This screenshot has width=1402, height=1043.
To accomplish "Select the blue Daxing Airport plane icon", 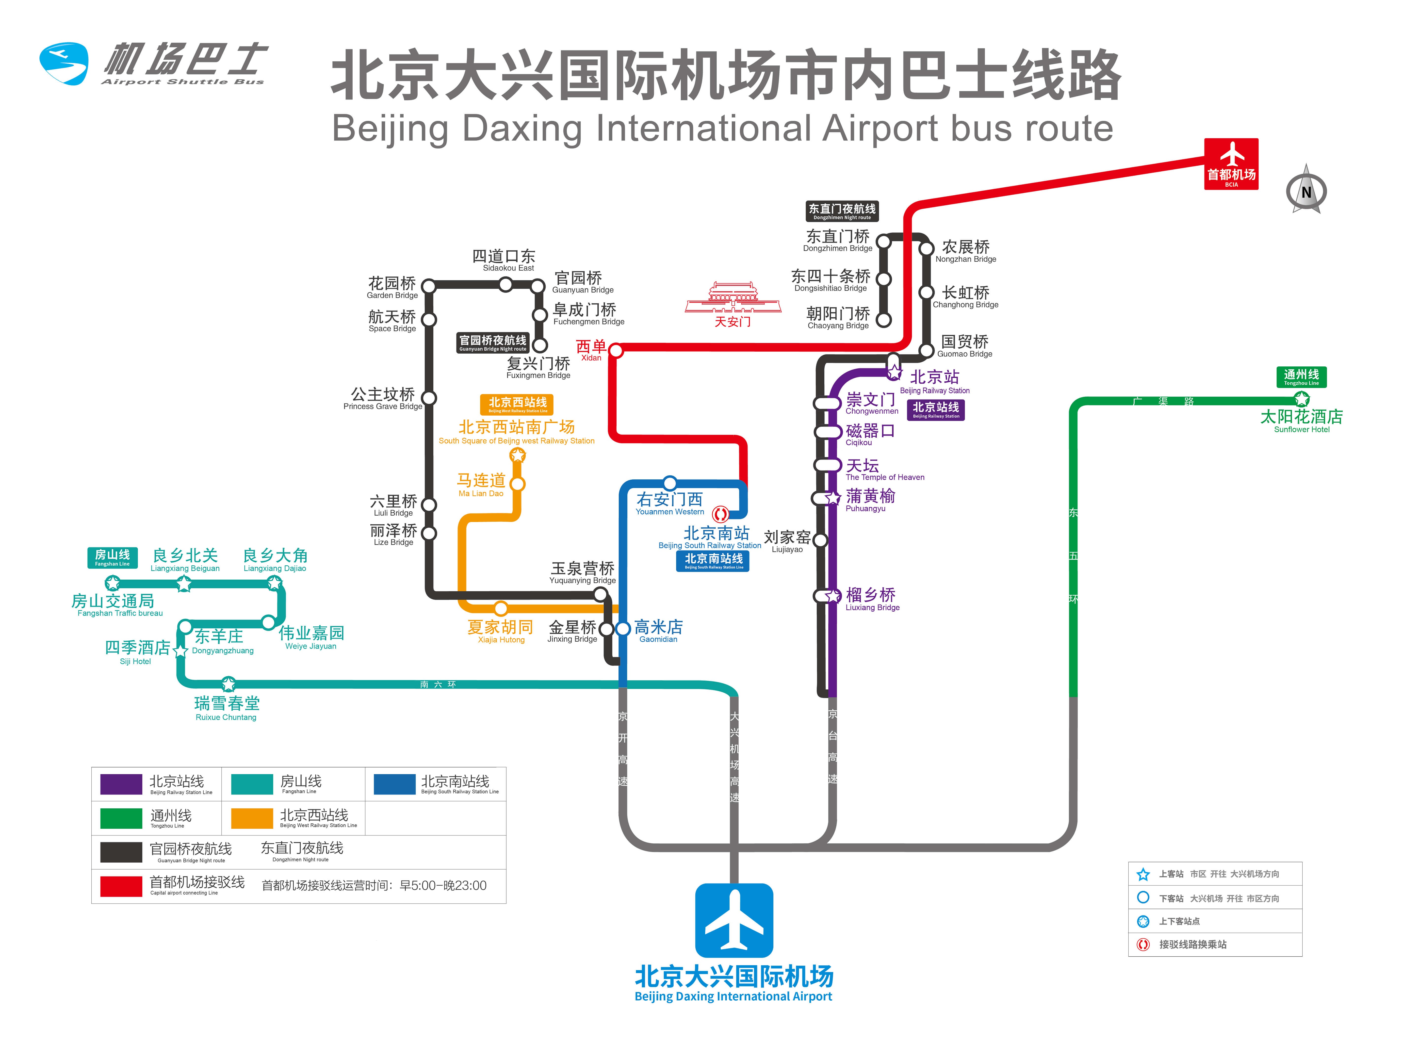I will (734, 920).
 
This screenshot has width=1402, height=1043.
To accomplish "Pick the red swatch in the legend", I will (121, 886).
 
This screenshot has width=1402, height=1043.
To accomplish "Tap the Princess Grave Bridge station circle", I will (429, 398).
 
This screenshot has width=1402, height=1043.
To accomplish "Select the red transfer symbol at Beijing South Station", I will (720, 513).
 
